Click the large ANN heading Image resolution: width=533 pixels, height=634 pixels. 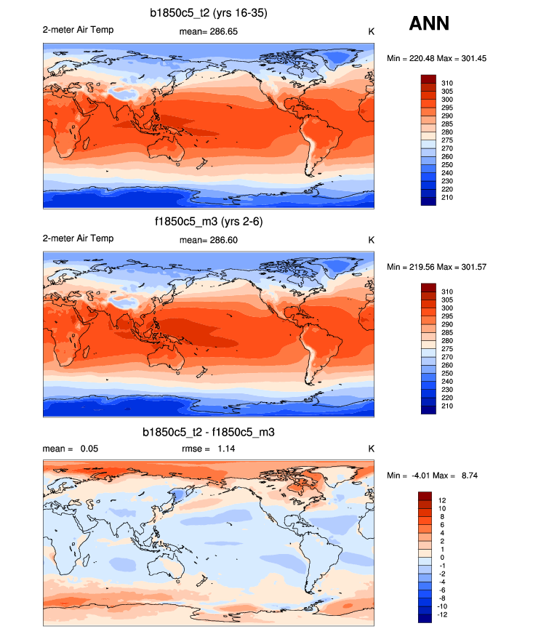[429, 23]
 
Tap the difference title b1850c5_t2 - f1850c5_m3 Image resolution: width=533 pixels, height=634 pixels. [208, 432]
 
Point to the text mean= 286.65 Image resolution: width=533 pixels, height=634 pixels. [208, 31]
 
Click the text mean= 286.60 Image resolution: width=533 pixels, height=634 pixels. [208, 240]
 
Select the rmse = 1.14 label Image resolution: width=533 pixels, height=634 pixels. [208, 449]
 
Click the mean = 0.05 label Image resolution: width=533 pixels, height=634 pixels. [70, 449]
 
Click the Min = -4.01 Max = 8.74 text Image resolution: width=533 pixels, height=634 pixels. [432, 475]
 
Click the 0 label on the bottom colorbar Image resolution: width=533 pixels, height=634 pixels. [441, 557]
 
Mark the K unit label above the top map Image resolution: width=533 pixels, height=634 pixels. [371, 31]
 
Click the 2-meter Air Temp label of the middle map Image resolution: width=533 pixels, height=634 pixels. [78, 238]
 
